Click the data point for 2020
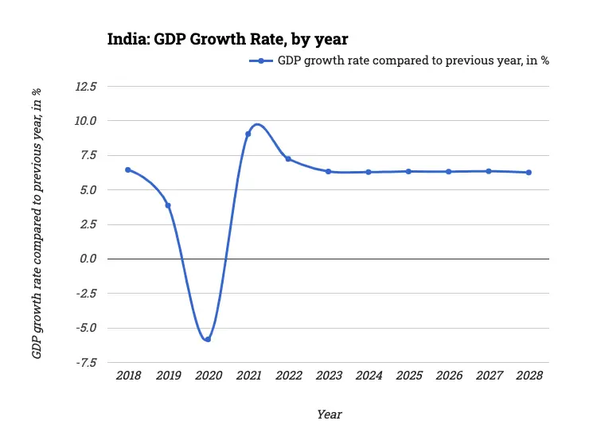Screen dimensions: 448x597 click(x=208, y=339)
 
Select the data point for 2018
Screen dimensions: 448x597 click(x=127, y=169)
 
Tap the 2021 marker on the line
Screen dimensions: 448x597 click(x=248, y=134)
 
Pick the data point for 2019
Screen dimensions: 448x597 click(x=168, y=205)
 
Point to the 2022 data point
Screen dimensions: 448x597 click(x=288, y=159)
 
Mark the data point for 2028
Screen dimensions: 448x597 click(x=529, y=173)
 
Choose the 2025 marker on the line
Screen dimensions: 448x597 click(x=408, y=171)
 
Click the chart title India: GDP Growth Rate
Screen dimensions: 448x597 click(x=228, y=38)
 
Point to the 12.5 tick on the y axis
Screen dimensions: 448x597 click(x=85, y=86)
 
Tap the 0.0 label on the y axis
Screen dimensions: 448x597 click(x=88, y=259)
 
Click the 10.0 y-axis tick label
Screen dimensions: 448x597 click(x=85, y=121)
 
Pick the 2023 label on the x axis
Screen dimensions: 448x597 click(x=328, y=376)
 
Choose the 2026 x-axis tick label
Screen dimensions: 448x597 click(x=448, y=376)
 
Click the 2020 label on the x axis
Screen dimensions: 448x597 click(x=208, y=376)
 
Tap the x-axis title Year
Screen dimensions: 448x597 click(x=329, y=414)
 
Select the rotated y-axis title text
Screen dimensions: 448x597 click(x=37, y=224)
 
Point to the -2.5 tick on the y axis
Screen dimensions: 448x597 click(x=85, y=293)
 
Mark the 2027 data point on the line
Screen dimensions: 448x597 click(x=489, y=171)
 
